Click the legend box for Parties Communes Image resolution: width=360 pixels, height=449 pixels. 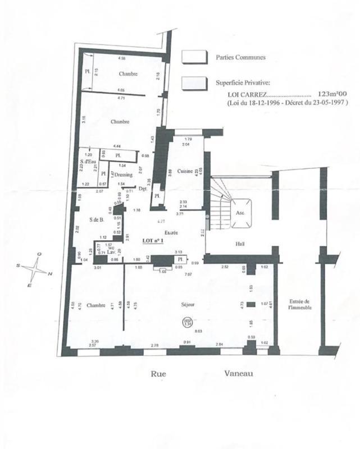click(x=194, y=57)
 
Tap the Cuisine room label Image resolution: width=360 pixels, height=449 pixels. click(x=185, y=171)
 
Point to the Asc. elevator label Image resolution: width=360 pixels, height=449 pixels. click(x=240, y=213)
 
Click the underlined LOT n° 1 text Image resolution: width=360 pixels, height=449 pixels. click(x=152, y=240)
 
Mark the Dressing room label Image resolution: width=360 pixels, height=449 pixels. click(x=123, y=175)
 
